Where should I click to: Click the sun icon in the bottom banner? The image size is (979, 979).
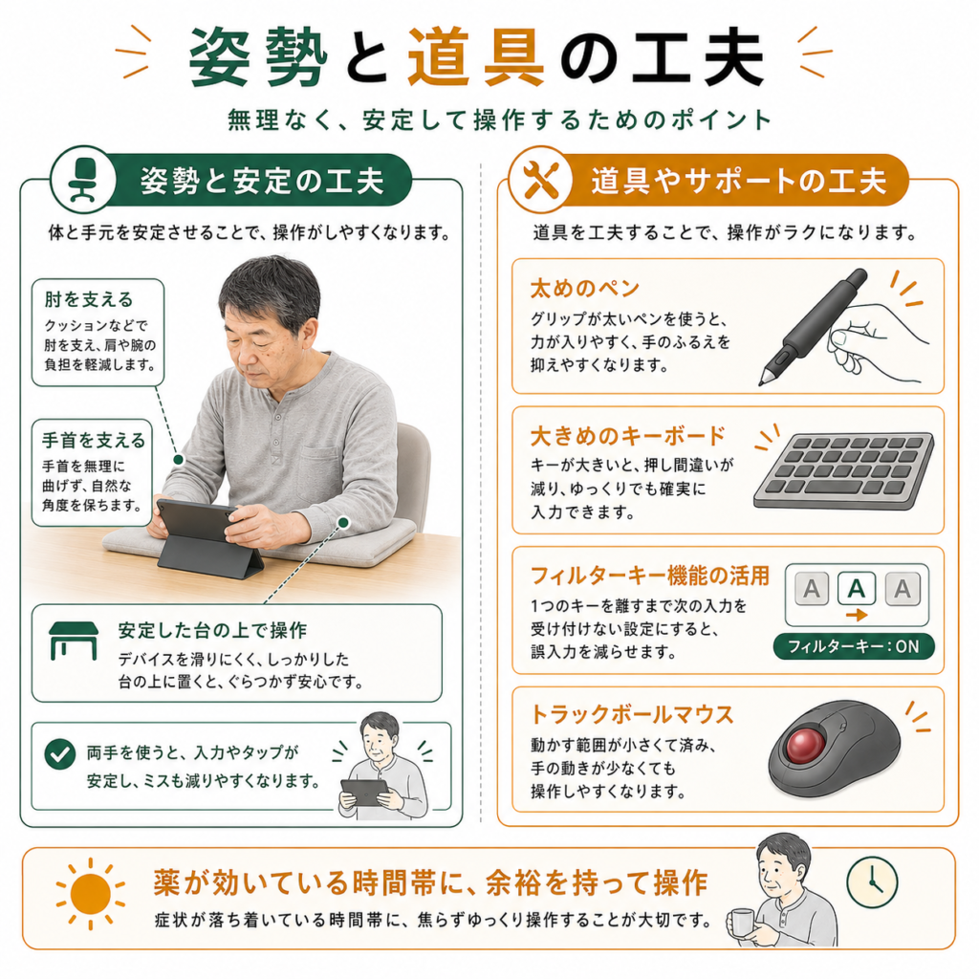91,894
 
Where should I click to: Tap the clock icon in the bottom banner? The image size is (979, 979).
872,882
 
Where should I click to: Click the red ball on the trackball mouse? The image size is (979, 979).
805,745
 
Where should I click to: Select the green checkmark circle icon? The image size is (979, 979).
60,753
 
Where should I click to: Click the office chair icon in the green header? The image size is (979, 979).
83,179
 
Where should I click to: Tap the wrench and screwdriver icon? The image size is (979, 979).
541,180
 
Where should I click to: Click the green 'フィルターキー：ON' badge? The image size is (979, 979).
853,646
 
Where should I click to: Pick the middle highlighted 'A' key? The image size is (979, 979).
856,588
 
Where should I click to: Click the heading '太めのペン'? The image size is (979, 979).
585,288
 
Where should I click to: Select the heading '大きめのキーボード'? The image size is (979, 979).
628,436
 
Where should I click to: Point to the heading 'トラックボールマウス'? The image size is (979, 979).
632,714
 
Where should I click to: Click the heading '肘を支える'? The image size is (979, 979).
89,299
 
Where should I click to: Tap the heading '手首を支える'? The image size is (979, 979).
94,440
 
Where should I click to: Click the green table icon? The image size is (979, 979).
74,641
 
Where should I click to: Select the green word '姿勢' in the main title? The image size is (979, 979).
258,57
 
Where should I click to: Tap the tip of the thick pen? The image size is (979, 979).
762,382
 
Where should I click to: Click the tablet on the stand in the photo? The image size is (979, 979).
195,520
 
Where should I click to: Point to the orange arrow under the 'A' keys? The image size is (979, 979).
857,615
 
